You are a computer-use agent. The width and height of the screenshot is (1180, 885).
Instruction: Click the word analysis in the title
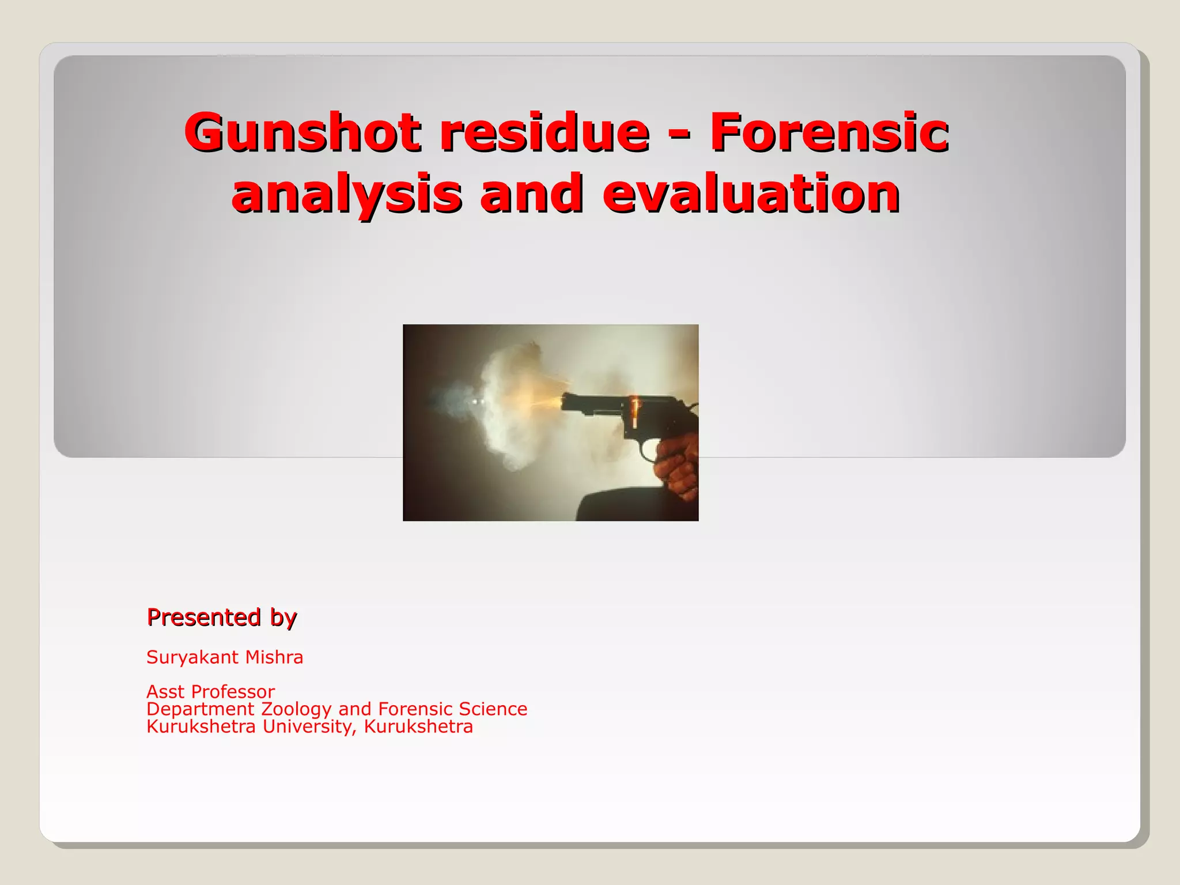346,193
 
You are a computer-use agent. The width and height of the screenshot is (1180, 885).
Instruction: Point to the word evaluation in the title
751,193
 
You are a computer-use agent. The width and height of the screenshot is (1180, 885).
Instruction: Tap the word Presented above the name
203,617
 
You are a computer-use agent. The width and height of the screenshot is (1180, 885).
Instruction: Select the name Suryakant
192,657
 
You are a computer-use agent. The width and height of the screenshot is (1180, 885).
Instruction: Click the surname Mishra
273,657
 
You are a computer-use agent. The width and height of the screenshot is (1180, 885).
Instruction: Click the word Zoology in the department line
296,709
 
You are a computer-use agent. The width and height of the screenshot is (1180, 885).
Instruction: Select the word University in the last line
309,727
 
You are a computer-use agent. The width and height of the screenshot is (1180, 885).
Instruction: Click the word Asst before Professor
165,691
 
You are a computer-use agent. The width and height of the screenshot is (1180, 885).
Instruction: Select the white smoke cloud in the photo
507,403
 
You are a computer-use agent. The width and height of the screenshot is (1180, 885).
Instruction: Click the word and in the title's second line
531,193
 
